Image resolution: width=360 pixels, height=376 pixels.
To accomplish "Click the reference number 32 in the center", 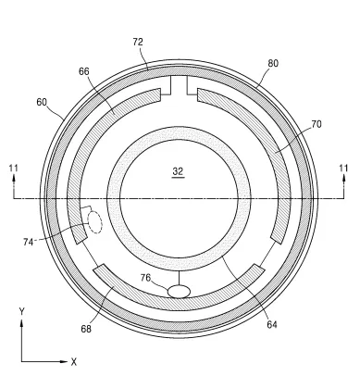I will [x=179, y=172].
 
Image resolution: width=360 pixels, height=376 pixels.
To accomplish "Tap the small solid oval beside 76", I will [x=179, y=291].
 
